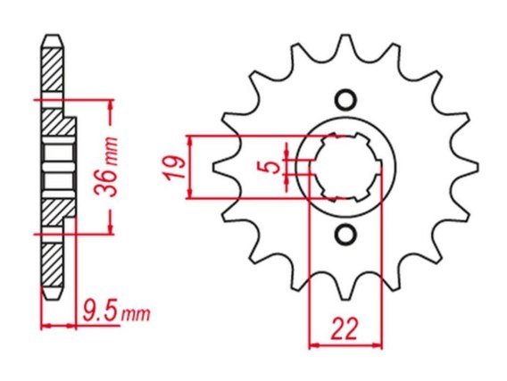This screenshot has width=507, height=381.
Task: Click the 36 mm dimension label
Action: point(106,166)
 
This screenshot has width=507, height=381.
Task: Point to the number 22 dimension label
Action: point(345,328)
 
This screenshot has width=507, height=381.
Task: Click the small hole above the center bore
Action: point(345,100)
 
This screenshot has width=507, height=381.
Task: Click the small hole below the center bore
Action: point(345,234)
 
